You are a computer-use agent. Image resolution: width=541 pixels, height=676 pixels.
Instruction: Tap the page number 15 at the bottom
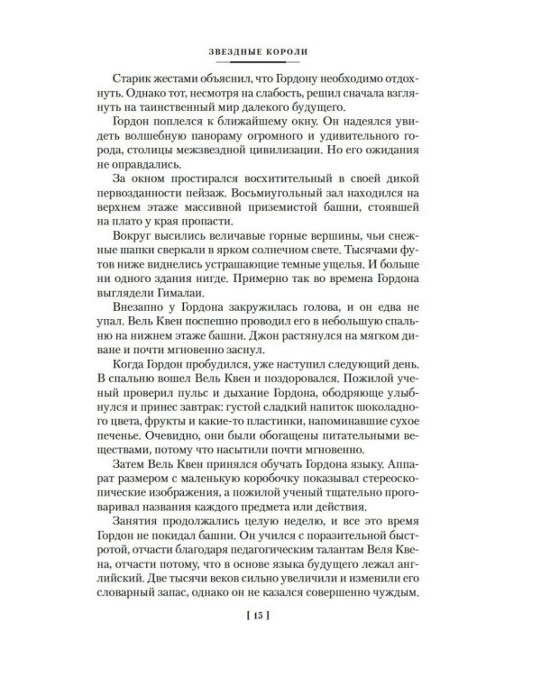tap(270, 618)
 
